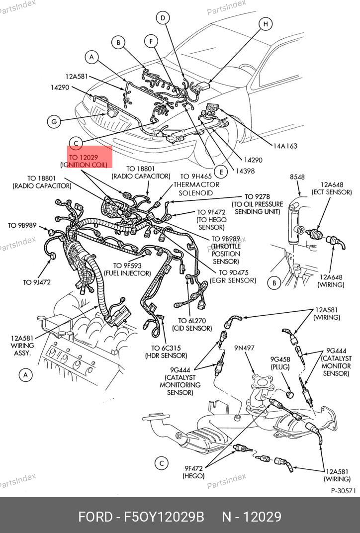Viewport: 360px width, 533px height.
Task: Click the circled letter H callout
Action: pyautogui.click(x=266, y=23)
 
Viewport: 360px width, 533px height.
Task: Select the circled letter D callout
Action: pyautogui.click(x=162, y=18)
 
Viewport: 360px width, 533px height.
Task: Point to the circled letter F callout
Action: pyautogui.click(x=151, y=41)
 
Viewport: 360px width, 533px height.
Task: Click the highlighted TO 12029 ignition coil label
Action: pyautogui.click(x=84, y=160)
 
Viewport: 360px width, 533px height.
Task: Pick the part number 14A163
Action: pyautogui.click(x=285, y=146)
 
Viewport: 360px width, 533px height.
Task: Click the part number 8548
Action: pyautogui.click(x=297, y=177)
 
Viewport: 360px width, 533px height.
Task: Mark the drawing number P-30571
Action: pyautogui.click(x=344, y=490)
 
